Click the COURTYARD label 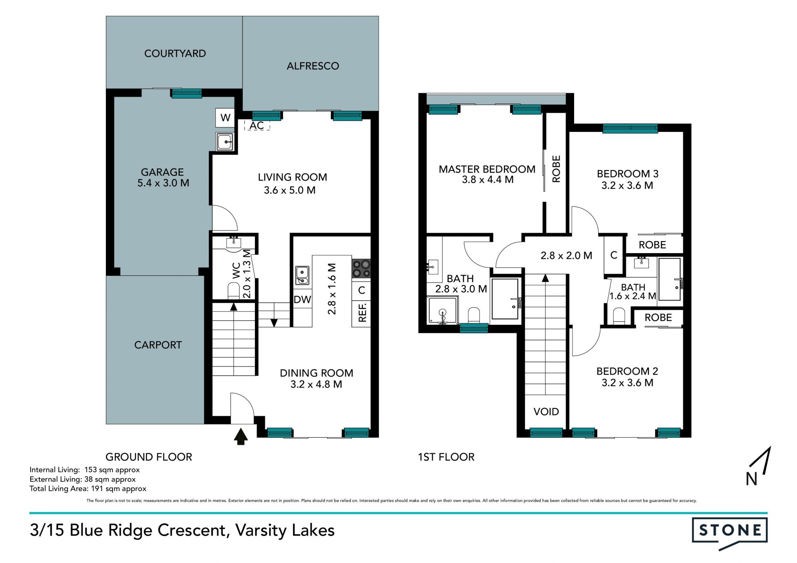[175, 54]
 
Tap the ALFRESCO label [313, 66]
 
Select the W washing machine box [225, 118]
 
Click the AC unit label [257, 125]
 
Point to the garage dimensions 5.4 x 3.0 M [163, 183]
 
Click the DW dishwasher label [302, 300]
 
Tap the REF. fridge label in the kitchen [362, 312]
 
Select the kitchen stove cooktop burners [361, 268]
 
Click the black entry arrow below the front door [240, 436]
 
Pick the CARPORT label [158, 345]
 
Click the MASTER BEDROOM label [487, 169]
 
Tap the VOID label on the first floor [546, 412]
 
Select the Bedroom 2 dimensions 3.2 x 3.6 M [627, 383]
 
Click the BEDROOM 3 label [627, 174]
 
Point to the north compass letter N [751, 479]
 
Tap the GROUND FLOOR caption [149, 457]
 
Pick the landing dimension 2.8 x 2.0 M [566, 256]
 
